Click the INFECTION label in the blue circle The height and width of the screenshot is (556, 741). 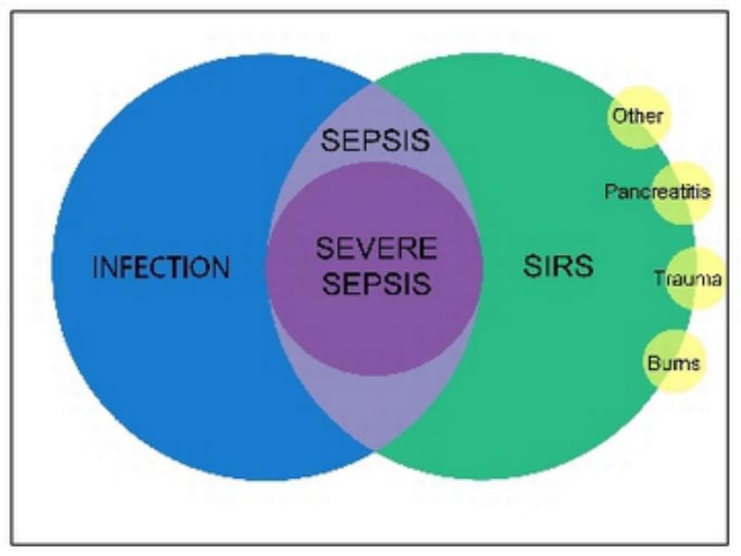tap(161, 267)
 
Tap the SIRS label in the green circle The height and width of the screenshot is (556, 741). tap(559, 266)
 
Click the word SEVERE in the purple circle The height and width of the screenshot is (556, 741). tap(377, 248)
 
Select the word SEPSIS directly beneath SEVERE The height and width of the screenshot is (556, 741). tap(377, 284)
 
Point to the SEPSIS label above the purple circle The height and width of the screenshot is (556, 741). tap(375, 141)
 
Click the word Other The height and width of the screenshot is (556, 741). tap(637, 116)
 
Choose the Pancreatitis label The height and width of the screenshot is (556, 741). tap(658, 192)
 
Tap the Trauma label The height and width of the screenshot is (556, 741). tap(688, 279)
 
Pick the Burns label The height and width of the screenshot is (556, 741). tap(673, 363)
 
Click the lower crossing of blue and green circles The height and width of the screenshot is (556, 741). tap(374, 449)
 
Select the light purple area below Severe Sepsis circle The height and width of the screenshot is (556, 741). tap(374, 407)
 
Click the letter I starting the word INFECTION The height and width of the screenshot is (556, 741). tap(95, 268)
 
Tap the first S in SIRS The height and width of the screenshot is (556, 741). tap(532, 266)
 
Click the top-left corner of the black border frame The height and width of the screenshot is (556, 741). tap(11, 12)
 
